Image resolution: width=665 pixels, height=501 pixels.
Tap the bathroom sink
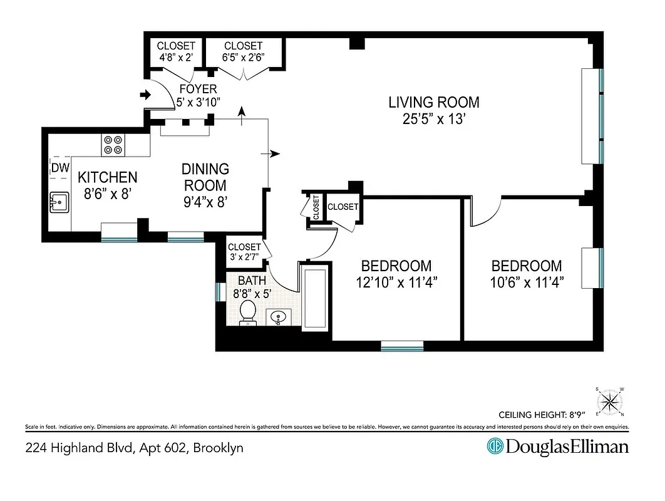tap(277, 318)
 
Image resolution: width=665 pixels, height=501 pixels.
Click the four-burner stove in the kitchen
tap(113, 145)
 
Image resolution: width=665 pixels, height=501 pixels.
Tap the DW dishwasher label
tap(59, 167)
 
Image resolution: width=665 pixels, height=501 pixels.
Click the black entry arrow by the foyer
tap(145, 95)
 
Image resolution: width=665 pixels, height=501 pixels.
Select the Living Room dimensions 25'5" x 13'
tap(434, 119)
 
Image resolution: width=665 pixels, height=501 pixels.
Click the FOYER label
tap(198, 89)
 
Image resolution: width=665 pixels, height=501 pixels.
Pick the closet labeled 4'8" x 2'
tap(176, 51)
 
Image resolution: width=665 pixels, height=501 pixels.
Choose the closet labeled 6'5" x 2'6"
tap(244, 51)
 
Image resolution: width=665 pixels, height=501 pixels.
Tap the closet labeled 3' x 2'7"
tap(244, 252)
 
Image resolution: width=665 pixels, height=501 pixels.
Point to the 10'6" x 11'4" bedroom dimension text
tap(527, 282)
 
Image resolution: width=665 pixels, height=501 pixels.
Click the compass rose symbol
tap(610, 401)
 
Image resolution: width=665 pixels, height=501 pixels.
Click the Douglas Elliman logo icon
tap(495, 447)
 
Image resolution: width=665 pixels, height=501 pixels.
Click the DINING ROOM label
tap(205, 177)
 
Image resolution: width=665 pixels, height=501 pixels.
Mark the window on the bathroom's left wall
tap(219, 292)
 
